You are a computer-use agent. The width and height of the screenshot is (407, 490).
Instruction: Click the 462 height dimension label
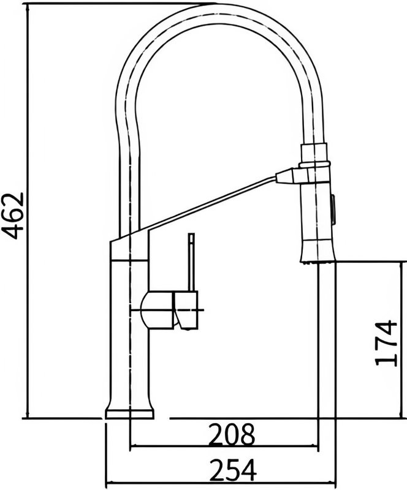click(x=12, y=216)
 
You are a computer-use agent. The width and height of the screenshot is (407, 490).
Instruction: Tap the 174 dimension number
click(x=386, y=343)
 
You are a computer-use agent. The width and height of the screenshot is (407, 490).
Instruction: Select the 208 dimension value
click(x=232, y=435)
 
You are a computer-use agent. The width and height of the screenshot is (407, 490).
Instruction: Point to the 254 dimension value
click(x=234, y=470)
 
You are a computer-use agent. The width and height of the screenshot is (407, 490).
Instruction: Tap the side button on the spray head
click(x=333, y=209)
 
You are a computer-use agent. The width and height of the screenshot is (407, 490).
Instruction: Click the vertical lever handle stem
click(x=191, y=262)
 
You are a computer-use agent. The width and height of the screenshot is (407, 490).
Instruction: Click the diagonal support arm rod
click(x=208, y=204)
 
